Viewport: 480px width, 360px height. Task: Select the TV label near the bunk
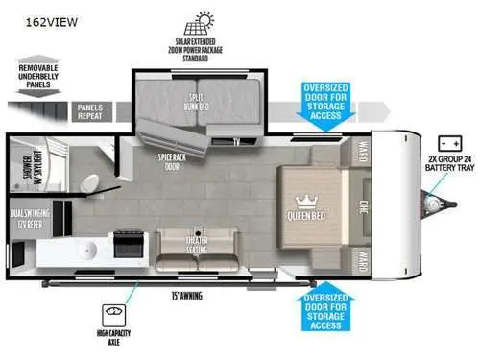(234, 141)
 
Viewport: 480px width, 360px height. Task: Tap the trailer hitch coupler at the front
(441, 205)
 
